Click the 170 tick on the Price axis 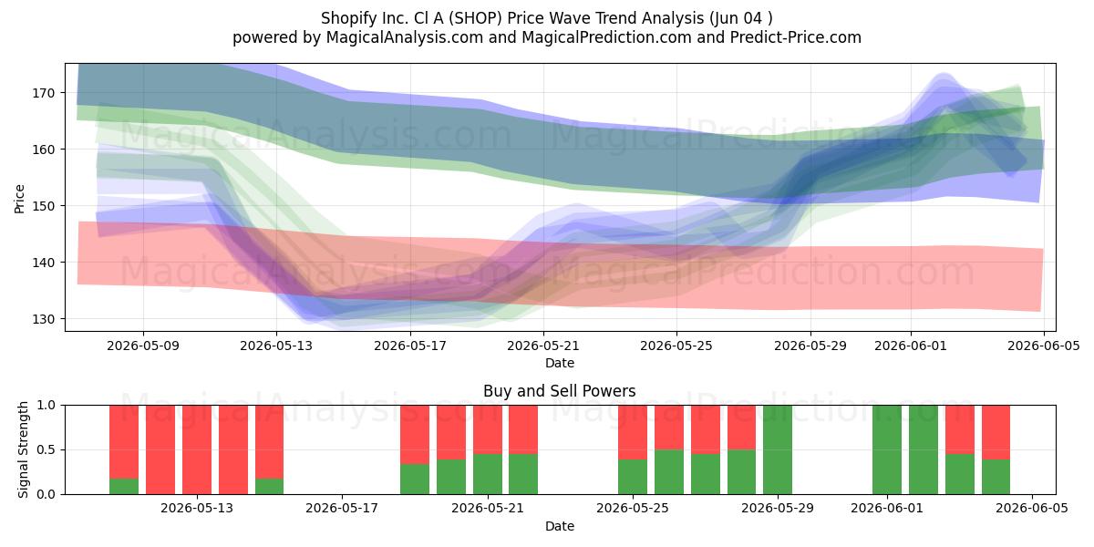click(x=44, y=93)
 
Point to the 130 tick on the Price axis click(x=44, y=319)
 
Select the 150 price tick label click(x=44, y=206)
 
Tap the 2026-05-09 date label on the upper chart click(x=143, y=346)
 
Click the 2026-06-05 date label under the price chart click(x=1044, y=346)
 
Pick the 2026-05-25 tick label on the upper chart click(x=676, y=346)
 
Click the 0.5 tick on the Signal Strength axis click(x=46, y=449)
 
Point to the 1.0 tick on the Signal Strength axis click(x=46, y=406)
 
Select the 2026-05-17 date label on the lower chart click(x=342, y=509)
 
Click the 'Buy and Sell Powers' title click(x=560, y=391)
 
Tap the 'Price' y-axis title click(x=19, y=199)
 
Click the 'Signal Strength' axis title click(x=23, y=449)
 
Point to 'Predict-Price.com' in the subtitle click(x=796, y=37)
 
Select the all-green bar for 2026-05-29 click(x=778, y=449)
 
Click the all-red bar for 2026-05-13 click(x=197, y=449)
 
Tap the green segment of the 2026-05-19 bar click(x=415, y=480)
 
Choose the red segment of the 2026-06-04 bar click(x=996, y=432)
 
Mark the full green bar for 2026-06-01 click(x=887, y=449)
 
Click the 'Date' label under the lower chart click(x=560, y=526)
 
